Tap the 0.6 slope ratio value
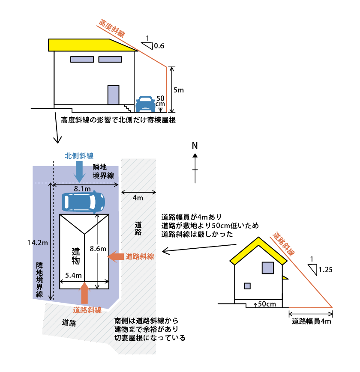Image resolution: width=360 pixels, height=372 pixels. (x=159, y=45)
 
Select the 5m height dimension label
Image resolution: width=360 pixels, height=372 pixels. (x=178, y=90)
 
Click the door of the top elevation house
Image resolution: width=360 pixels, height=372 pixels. (x=113, y=95)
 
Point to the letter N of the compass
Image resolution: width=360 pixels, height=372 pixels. (x=195, y=146)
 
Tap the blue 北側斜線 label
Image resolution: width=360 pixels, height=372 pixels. (x=79, y=156)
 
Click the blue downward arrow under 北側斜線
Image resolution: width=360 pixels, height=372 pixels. (x=79, y=172)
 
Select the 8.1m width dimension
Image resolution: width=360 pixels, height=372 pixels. (x=82, y=189)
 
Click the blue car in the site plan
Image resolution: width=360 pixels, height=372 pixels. (x=83, y=202)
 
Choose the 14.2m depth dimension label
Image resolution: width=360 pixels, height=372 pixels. (x=37, y=243)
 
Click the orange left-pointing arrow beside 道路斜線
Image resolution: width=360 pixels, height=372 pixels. (x=114, y=256)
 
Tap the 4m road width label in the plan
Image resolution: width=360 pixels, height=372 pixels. (x=138, y=198)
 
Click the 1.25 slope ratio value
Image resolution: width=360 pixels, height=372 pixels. (x=326, y=270)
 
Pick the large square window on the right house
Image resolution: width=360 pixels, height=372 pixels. (x=268, y=268)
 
